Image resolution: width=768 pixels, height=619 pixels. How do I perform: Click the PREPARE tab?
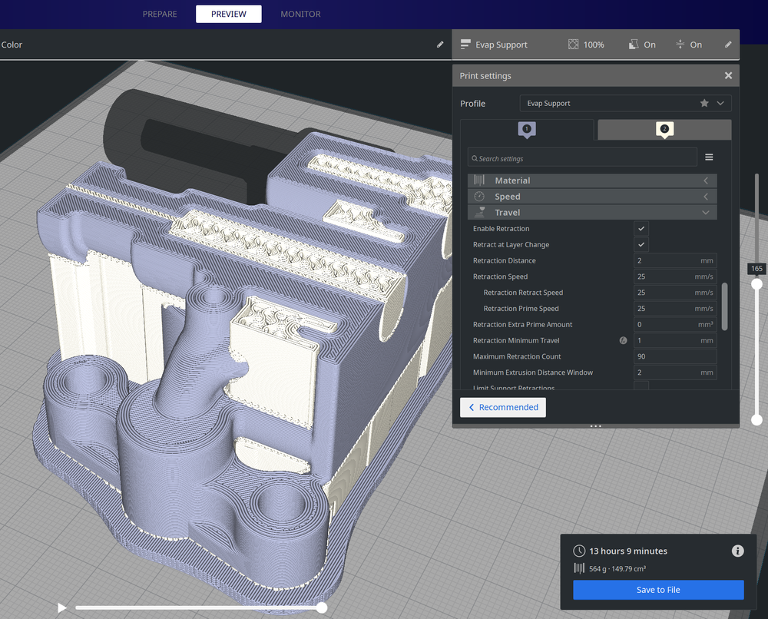160,14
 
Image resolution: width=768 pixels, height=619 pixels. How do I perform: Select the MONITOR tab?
300,14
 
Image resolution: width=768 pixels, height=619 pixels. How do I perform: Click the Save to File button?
658,590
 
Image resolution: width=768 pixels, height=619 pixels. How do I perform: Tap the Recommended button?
503,407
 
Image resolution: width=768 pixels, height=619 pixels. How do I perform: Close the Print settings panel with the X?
728,75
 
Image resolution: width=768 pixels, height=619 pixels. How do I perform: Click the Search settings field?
582,158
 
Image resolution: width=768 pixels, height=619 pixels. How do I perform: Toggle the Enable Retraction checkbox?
641,229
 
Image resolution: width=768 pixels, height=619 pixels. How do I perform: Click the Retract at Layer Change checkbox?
641,245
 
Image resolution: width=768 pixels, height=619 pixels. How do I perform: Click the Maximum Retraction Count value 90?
674,356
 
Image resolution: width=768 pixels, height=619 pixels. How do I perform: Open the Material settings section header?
592,180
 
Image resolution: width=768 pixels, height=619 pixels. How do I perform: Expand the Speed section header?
592,197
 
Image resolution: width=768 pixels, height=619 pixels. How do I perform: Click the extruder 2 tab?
664,129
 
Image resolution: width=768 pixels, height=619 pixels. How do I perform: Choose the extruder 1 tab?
526,129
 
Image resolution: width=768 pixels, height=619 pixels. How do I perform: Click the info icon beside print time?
737,551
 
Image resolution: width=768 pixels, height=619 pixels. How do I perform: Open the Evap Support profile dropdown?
625,103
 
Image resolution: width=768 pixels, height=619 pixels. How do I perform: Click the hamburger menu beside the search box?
709,157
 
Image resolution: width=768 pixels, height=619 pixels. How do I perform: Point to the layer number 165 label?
756,269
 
